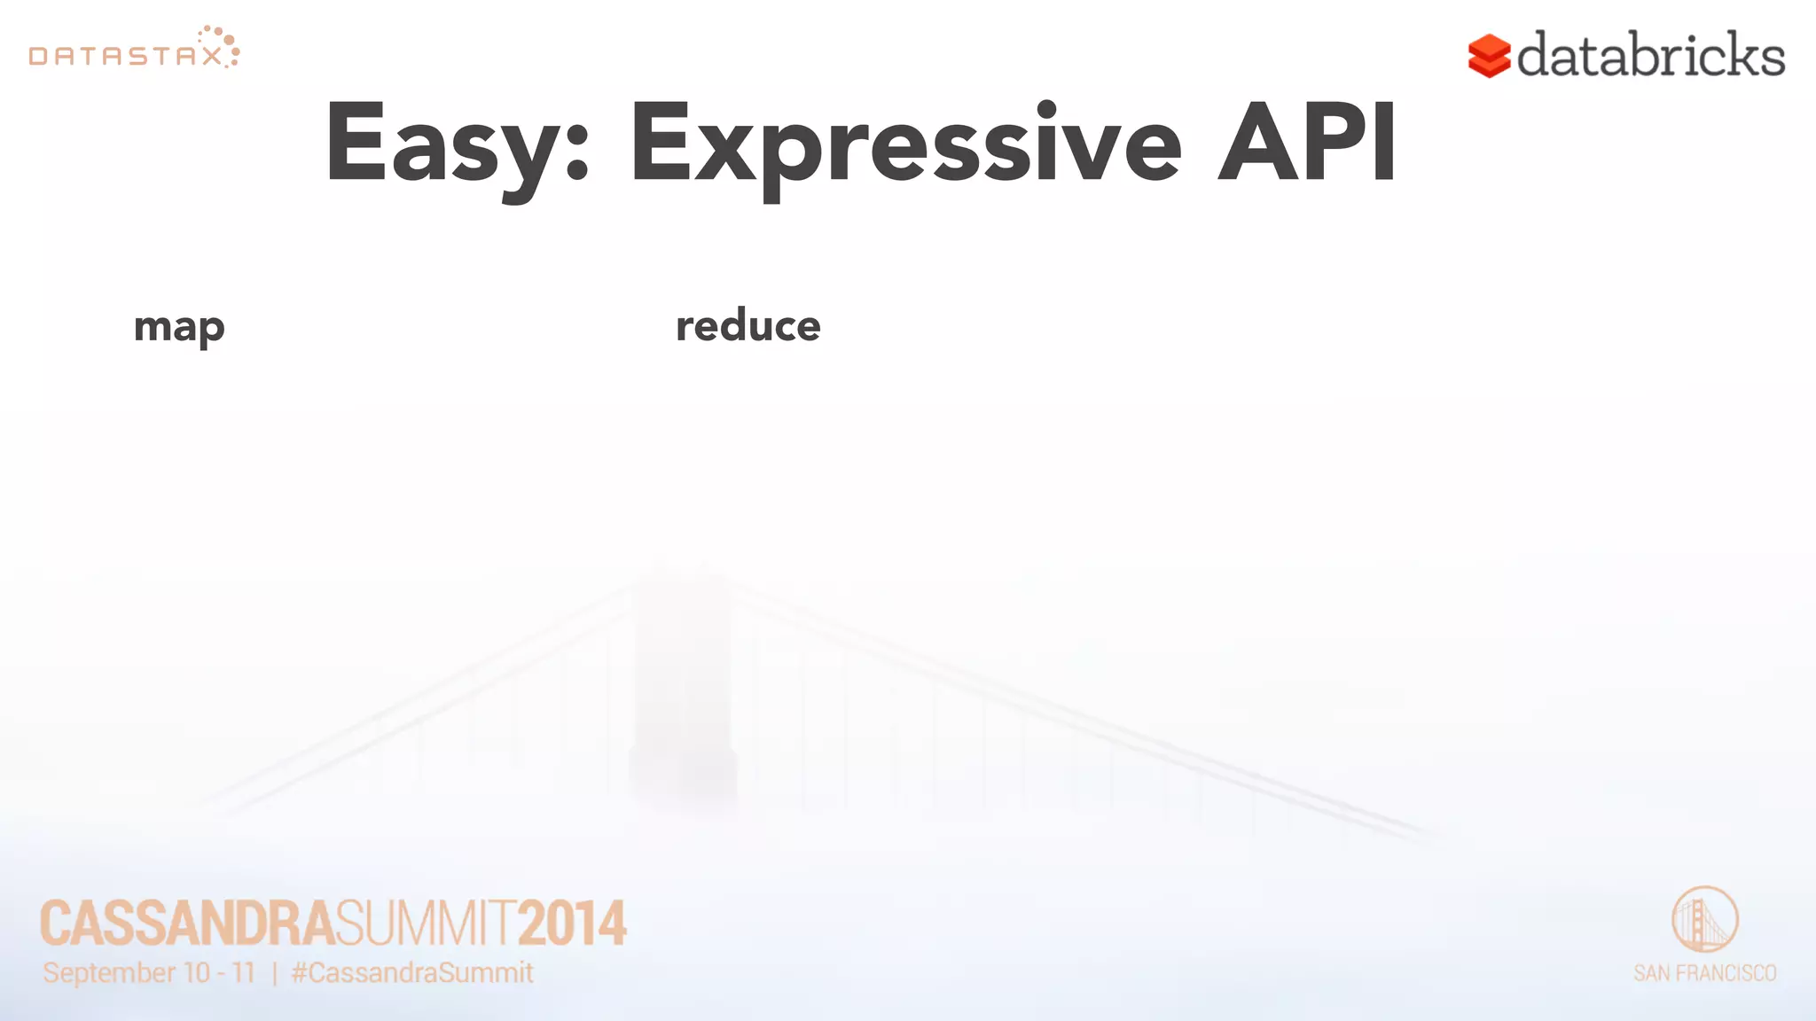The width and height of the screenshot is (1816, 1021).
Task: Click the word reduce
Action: pyautogui.click(x=748, y=325)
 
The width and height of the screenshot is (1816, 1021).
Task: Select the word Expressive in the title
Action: pyautogui.click(x=905, y=146)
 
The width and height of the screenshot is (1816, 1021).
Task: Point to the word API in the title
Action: pyautogui.click(x=1307, y=142)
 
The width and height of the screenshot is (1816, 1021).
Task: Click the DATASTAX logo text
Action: pyautogui.click(x=124, y=57)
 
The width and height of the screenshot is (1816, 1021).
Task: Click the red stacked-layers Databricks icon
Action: pyautogui.click(x=1489, y=57)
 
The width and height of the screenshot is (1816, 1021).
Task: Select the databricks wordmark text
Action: pyautogui.click(x=1650, y=55)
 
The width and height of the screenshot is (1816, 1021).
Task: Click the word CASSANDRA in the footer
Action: pyautogui.click(x=187, y=924)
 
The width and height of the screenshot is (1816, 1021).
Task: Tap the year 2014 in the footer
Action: pyautogui.click(x=572, y=924)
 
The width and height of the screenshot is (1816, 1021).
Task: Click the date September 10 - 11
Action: pyautogui.click(x=149, y=973)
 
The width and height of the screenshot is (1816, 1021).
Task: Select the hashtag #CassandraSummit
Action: pyautogui.click(x=412, y=973)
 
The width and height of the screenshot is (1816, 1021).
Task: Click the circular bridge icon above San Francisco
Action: pyautogui.click(x=1704, y=919)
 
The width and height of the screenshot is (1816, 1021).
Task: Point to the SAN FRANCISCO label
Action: pyautogui.click(x=1704, y=973)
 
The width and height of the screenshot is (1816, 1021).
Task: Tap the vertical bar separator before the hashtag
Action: pyautogui.click(x=275, y=974)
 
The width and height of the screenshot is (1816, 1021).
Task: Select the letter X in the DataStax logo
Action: pyautogui.click(x=212, y=57)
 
